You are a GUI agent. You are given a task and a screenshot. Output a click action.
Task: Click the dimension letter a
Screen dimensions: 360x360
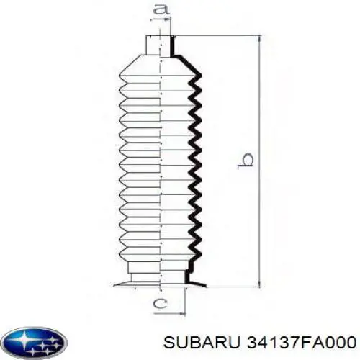pyautogui.click(x=162, y=9)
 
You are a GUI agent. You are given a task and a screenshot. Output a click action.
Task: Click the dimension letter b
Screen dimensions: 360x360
pyautogui.click(x=246, y=161)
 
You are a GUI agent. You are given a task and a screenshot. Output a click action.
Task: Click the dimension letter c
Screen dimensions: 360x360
pyautogui.click(x=161, y=304)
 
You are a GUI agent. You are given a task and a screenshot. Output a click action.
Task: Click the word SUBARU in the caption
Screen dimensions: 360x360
pyautogui.click(x=202, y=342)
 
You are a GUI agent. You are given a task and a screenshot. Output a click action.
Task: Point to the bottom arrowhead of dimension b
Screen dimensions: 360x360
pyautogui.click(x=259, y=282)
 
